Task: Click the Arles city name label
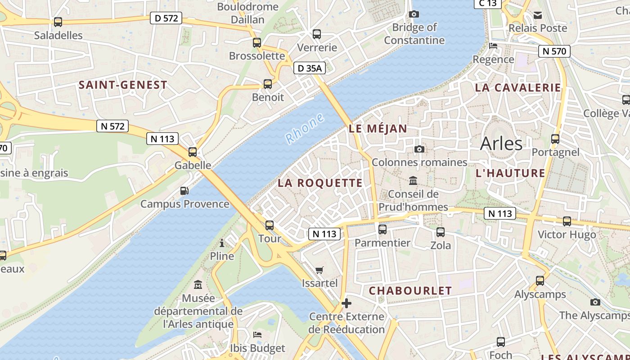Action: pyautogui.click(x=501, y=144)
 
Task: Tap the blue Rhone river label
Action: pyautogui.click(x=305, y=129)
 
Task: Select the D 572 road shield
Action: pyautogui.click(x=166, y=18)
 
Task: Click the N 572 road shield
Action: pyautogui.click(x=112, y=126)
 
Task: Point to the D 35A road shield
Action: pyautogui.click(x=310, y=68)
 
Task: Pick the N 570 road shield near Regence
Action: pyautogui.click(x=554, y=51)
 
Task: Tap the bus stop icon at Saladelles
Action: pyautogui.click(x=58, y=22)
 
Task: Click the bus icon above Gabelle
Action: pyautogui.click(x=193, y=152)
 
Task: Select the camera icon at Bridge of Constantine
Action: pyautogui.click(x=414, y=14)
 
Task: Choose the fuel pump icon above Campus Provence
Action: pyautogui.click(x=184, y=191)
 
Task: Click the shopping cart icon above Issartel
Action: pyautogui.click(x=319, y=270)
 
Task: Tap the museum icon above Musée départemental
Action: pyautogui.click(x=198, y=285)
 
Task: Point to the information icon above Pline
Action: pyautogui.click(x=222, y=243)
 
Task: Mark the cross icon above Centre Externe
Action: pyautogui.click(x=346, y=303)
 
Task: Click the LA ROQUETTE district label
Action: pyautogui.click(x=320, y=183)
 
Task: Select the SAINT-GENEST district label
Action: pyautogui.click(x=123, y=85)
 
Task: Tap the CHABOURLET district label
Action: pyautogui.click(x=410, y=291)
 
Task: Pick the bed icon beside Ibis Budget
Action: pyautogui.click(x=257, y=335)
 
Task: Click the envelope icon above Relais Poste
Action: pyautogui.click(x=538, y=15)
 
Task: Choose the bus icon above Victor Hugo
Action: pyautogui.click(x=567, y=221)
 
